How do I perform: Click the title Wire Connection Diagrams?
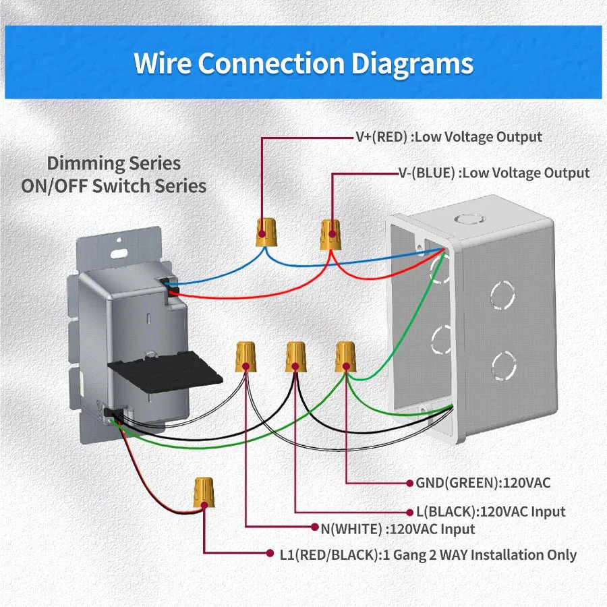[x=303, y=63]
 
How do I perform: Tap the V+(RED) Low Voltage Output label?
[x=449, y=137]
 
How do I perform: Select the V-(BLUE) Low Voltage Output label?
[x=494, y=173]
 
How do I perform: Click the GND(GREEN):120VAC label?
[x=478, y=483]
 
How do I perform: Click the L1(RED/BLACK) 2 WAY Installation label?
[x=428, y=555]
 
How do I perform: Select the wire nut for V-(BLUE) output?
[x=330, y=233]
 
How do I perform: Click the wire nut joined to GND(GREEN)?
[x=345, y=355]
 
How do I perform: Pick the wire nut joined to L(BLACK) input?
[x=295, y=355]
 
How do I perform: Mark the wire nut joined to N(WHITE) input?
[x=245, y=355]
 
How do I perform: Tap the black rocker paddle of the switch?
[x=165, y=372]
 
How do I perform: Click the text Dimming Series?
[x=113, y=163]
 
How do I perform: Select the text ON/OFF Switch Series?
[x=113, y=186]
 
